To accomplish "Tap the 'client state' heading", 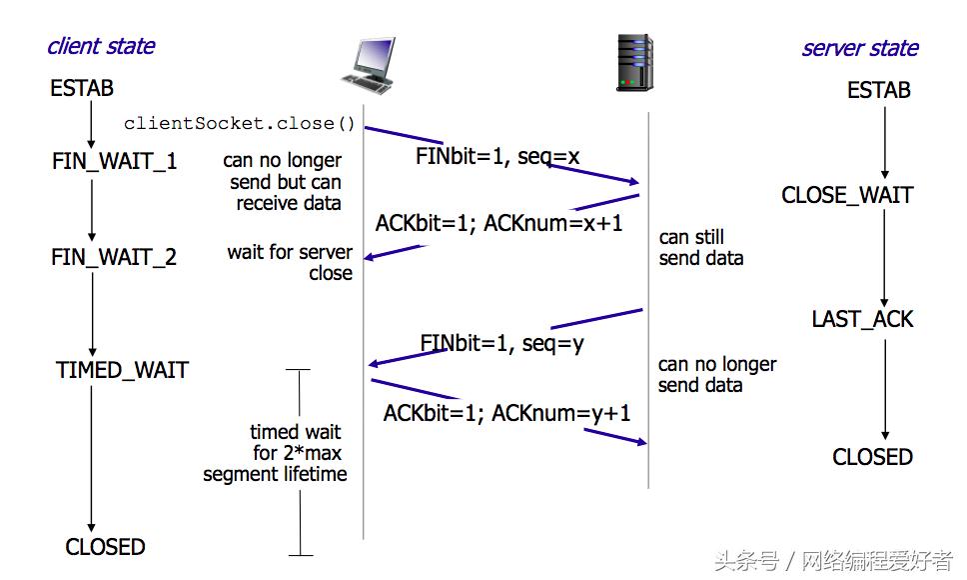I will [x=101, y=46].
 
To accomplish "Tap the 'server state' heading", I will [x=859, y=48].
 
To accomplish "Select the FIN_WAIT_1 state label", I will [x=114, y=161].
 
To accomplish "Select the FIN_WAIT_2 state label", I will [x=114, y=257].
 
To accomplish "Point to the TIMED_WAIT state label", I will [x=122, y=370].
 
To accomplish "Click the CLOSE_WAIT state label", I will [x=847, y=195].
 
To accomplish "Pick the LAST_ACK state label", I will [x=862, y=320].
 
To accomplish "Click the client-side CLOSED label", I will [x=105, y=547].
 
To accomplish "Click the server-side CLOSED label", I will [x=872, y=457].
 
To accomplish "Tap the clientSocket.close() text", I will [x=240, y=124].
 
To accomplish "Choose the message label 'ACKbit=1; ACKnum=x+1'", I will [x=498, y=223].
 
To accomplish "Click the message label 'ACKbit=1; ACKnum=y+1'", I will [x=506, y=412].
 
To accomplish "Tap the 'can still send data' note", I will [x=701, y=248].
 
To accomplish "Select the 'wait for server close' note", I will [x=290, y=263].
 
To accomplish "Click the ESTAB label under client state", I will [x=82, y=89].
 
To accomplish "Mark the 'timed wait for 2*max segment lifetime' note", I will [x=276, y=453].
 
